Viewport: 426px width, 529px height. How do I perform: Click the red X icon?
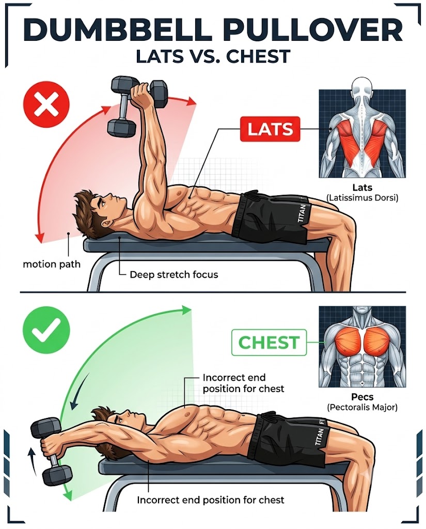pyautogui.click(x=46, y=104)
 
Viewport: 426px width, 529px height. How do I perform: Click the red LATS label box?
pyautogui.click(x=270, y=129)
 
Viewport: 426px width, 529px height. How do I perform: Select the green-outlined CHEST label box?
pyautogui.click(x=269, y=343)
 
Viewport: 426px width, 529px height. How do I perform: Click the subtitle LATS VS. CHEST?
pyautogui.click(x=213, y=56)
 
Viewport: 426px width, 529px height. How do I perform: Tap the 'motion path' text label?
pyautogui.click(x=52, y=264)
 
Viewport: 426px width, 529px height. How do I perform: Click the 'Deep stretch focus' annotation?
pyautogui.click(x=173, y=275)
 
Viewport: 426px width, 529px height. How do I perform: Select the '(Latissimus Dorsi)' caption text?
pyautogui.click(x=362, y=197)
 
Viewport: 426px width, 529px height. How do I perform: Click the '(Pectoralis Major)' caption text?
pyautogui.click(x=362, y=407)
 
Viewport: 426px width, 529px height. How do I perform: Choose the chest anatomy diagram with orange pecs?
pyautogui.click(x=362, y=347)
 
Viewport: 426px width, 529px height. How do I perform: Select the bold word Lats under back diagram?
pyautogui.click(x=362, y=187)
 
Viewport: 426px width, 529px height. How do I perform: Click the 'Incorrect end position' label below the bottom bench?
pyautogui.click(x=211, y=500)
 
